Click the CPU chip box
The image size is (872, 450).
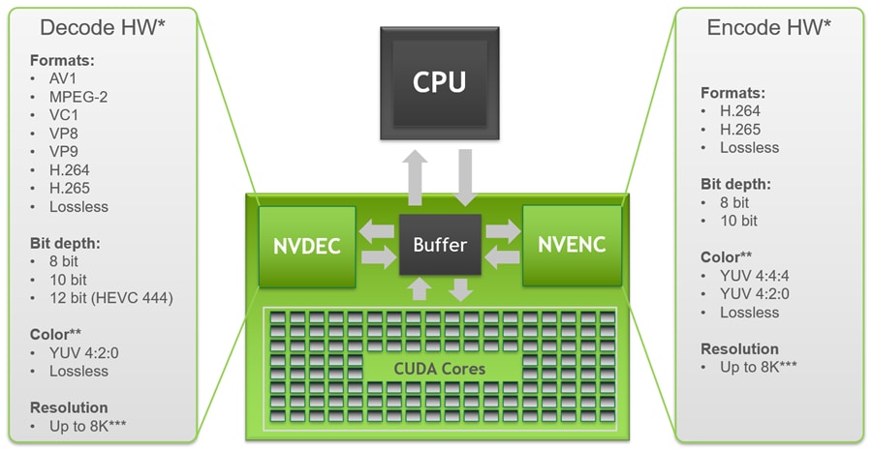click(438, 82)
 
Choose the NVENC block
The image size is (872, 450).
click(572, 245)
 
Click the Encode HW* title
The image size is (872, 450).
click(769, 27)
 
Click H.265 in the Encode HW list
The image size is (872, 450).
click(740, 130)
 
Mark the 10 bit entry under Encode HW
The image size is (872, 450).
click(738, 221)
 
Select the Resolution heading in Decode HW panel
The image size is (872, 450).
click(69, 407)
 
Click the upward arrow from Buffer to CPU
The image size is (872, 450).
click(418, 178)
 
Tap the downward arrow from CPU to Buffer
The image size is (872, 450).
click(463, 178)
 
